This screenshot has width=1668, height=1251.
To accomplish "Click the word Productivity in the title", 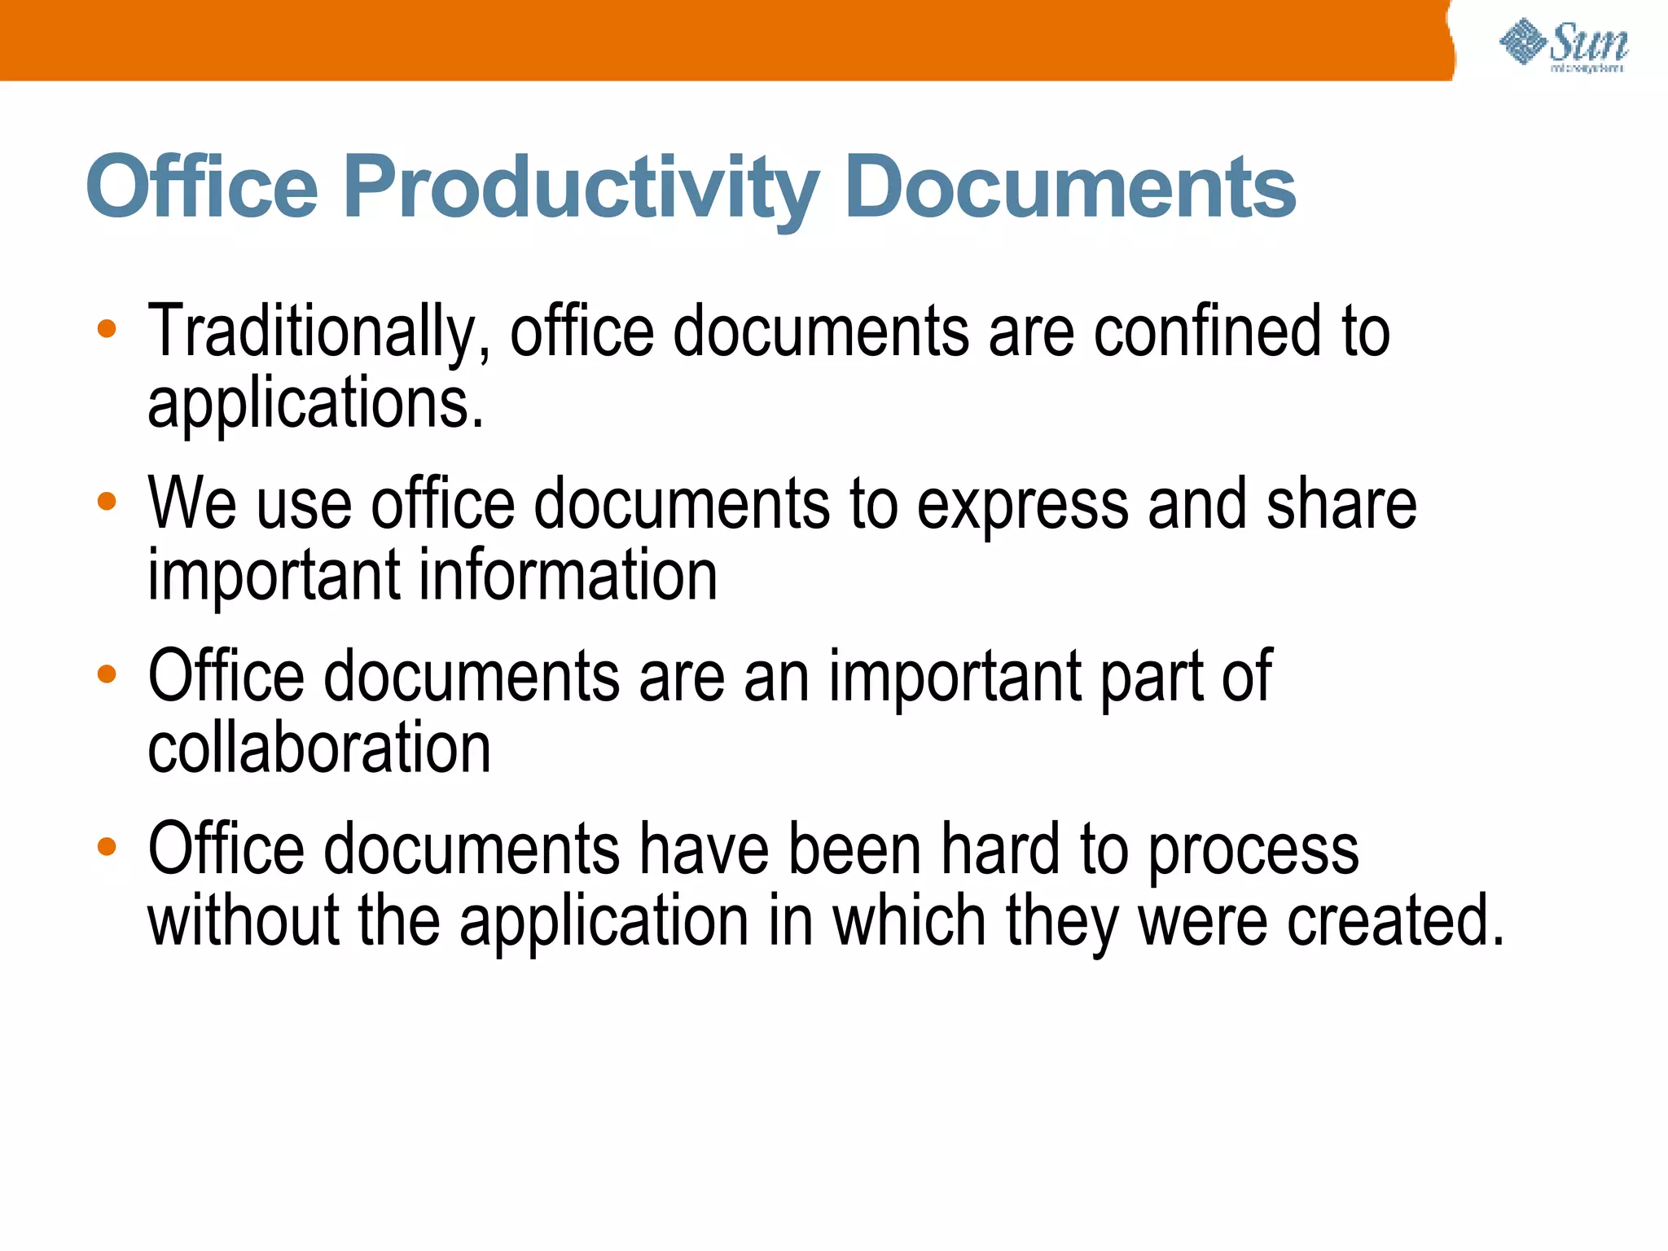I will (581, 189).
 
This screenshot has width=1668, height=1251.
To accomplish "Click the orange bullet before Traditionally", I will (107, 330).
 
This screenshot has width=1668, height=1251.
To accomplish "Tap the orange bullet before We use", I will (107, 502).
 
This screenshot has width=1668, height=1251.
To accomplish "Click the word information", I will (568, 575).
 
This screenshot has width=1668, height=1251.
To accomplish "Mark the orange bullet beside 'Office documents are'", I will (107, 674).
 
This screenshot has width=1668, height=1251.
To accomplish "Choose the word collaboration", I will (319, 748).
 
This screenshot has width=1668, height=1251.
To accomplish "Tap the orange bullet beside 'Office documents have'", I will (107, 847).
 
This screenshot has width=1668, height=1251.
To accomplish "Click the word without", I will (244, 920).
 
